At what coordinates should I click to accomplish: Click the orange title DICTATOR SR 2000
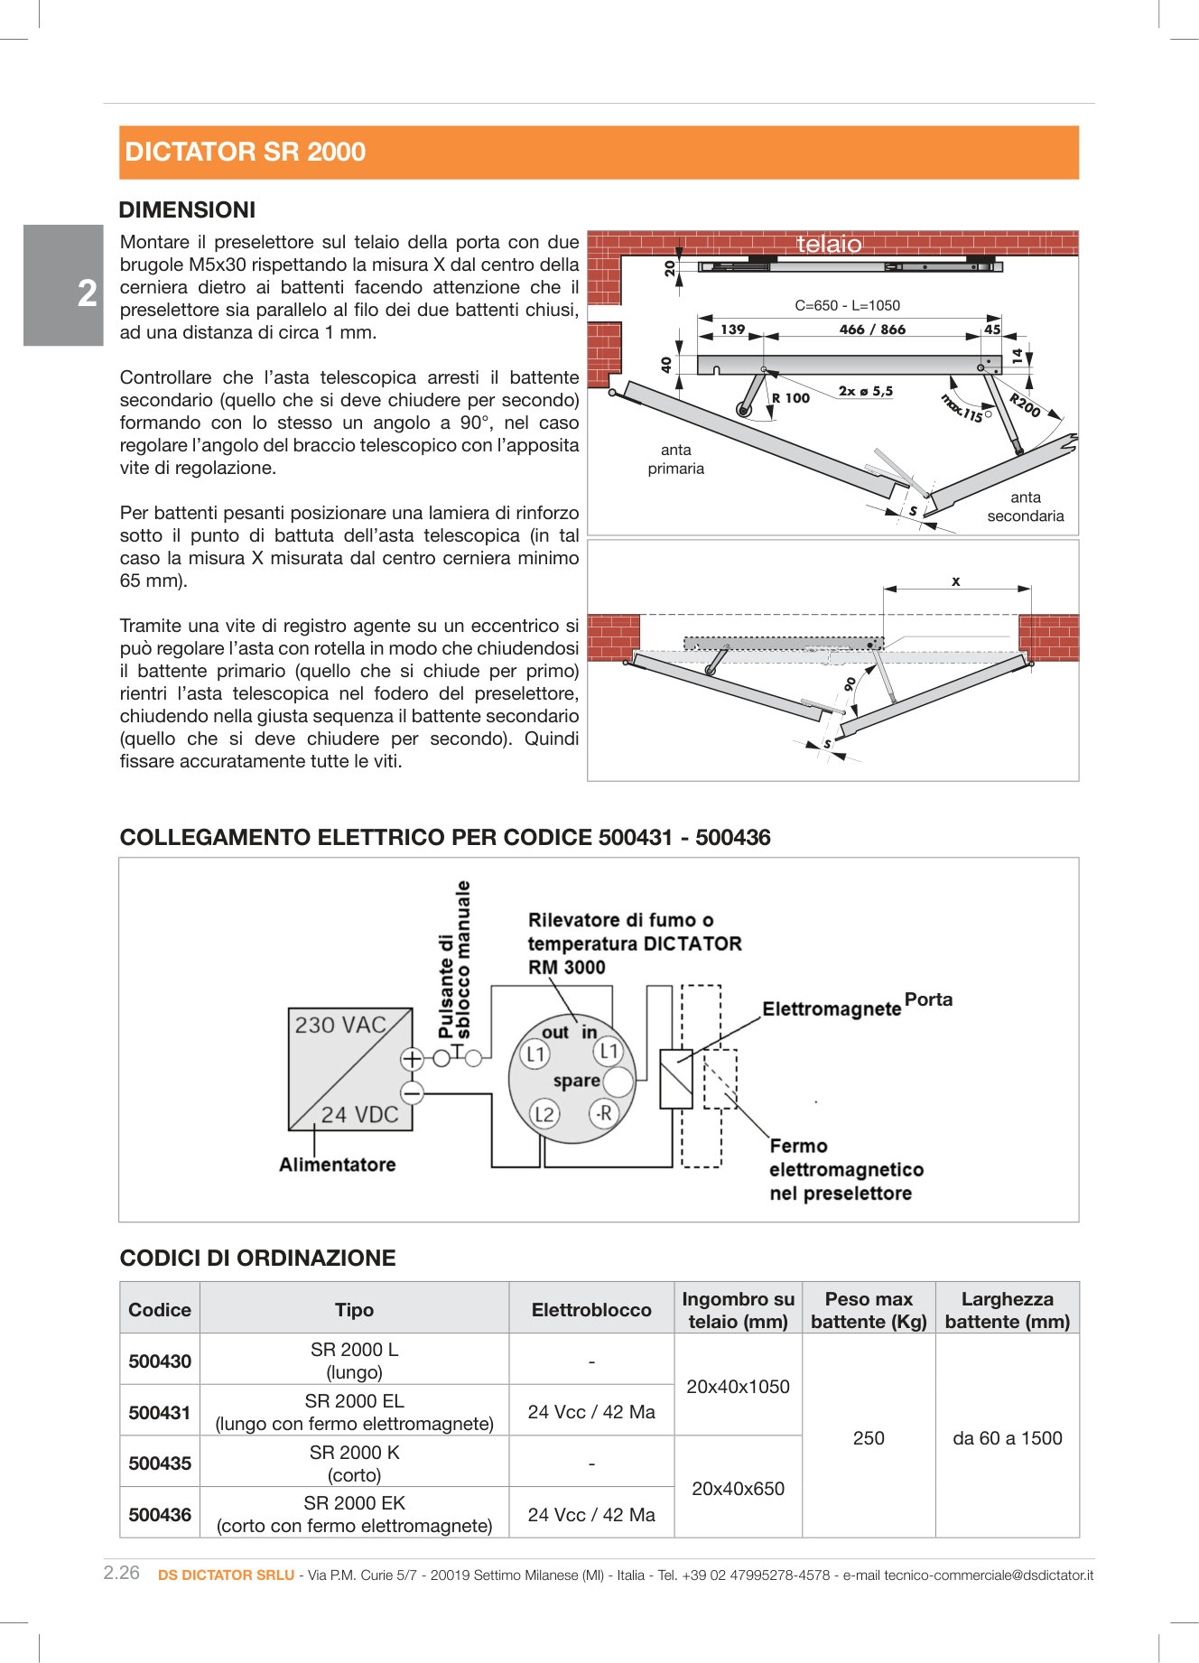click(245, 152)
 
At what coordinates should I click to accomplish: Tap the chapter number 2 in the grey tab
click(87, 293)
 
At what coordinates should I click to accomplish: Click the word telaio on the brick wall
click(829, 244)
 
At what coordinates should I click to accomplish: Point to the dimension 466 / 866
click(871, 330)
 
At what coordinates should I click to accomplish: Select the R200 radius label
click(1025, 405)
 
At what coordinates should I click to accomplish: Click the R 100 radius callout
click(791, 398)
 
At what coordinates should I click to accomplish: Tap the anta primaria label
click(675, 459)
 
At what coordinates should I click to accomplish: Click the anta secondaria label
click(1025, 506)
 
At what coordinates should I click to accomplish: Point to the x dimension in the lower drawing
click(955, 581)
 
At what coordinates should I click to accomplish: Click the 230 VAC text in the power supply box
click(340, 1025)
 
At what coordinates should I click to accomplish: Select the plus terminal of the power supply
click(412, 1058)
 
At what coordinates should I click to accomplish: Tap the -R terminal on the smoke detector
click(603, 1112)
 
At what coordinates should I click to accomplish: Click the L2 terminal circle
click(544, 1113)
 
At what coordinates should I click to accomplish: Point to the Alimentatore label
click(337, 1165)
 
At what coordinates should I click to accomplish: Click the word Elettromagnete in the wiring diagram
click(832, 1008)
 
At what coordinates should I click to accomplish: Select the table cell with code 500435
click(160, 1463)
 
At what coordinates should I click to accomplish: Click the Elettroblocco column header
click(591, 1309)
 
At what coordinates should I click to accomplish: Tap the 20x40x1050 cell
click(738, 1386)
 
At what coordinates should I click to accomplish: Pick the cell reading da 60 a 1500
click(1007, 1437)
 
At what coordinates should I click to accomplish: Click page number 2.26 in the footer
click(122, 1573)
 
